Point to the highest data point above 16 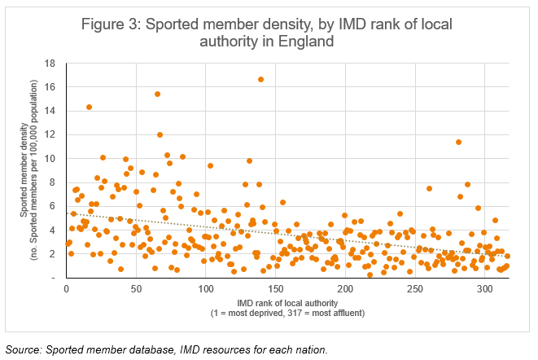click(x=260, y=79)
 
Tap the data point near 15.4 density click(x=157, y=94)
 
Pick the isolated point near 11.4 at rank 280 click(x=458, y=142)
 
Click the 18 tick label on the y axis click(x=50, y=64)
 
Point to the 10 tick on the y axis click(x=50, y=159)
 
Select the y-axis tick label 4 click(x=53, y=230)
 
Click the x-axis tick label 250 click(x=415, y=288)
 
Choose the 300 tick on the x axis click(x=485, y=288)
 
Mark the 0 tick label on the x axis click(x=66, y=288)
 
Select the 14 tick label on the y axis click(x=50, y=112)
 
